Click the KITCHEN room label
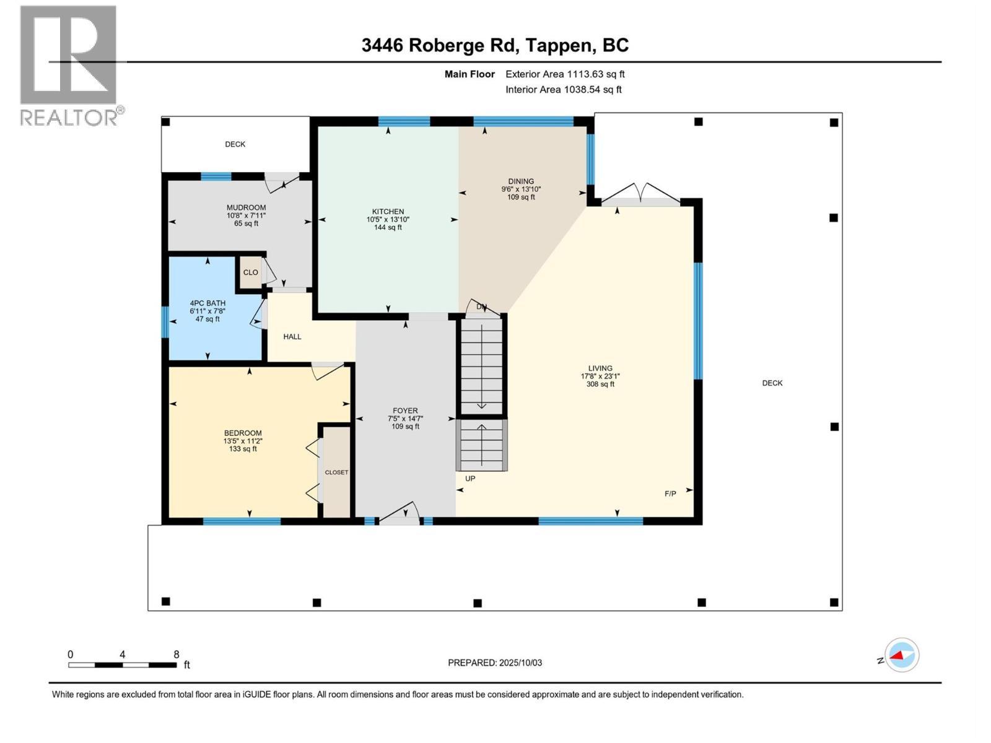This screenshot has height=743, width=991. (x=388, y=212)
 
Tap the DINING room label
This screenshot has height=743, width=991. (x=520, y=181)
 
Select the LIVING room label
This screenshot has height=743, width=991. (x=600, y=368)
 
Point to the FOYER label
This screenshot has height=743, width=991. (x=405, y=411)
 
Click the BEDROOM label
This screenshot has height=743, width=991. (x=243, y=433)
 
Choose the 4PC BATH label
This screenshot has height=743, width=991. (x=207, y=303)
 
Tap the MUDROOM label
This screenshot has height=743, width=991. (x=246, y=207)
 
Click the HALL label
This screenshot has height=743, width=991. (x=292, y=337)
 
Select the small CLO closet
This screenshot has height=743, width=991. (x=251, y=272)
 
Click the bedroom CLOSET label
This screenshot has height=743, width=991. (x=336, y=472)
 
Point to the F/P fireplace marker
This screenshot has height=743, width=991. (x=670, y=494)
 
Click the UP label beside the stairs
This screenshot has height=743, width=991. (x=470, y=479)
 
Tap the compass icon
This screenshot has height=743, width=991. (x=902, y=655)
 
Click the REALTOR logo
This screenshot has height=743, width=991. (x=71, y=66)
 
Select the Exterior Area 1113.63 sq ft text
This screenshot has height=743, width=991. (x=565, y=74)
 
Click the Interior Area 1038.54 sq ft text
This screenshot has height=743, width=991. (x=564, y=89)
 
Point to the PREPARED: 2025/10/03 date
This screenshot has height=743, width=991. (x=495, y=663)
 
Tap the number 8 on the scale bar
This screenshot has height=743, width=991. (x=177, y=654)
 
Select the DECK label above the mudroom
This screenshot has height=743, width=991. (x=235, y=144)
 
